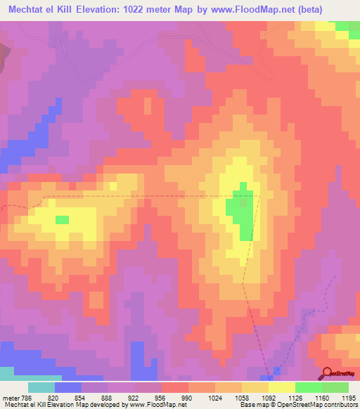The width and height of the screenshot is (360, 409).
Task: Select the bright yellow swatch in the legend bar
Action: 282,387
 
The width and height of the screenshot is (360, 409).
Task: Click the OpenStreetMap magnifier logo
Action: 327,373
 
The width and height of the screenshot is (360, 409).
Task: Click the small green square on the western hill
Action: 63,220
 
